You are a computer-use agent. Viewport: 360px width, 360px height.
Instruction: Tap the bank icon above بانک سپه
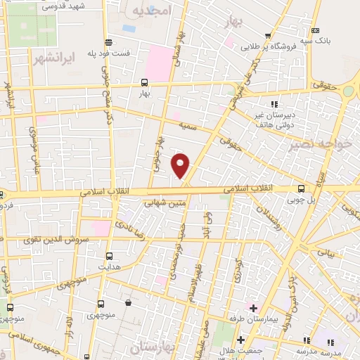coord(315,30)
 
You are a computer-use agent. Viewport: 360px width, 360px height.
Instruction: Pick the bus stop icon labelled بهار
coord(145,82)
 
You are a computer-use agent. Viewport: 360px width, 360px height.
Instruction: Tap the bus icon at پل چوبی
coord(301,188)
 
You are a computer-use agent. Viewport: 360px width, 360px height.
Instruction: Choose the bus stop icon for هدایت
coord(109,256)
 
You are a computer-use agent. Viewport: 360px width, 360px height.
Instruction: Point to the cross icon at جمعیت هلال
coord(240,340)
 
